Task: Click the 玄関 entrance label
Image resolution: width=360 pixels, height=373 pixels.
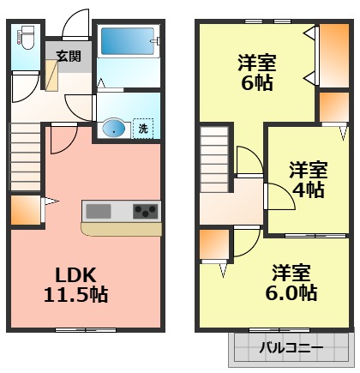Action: (x=69, y=56)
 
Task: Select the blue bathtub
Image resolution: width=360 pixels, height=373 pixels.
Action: (x=127, y=41)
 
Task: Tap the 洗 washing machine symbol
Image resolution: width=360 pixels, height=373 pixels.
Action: (x=143, y=129)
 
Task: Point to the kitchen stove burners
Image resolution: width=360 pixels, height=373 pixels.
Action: (x=145, y=210)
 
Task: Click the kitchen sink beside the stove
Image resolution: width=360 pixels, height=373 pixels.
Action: (x=98, y=211)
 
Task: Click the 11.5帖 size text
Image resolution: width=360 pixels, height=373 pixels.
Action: (x=75, y=295)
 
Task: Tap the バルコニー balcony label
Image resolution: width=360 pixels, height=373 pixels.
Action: (x=291, y=349)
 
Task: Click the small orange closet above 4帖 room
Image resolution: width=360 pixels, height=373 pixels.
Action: (x=332, y=107)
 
